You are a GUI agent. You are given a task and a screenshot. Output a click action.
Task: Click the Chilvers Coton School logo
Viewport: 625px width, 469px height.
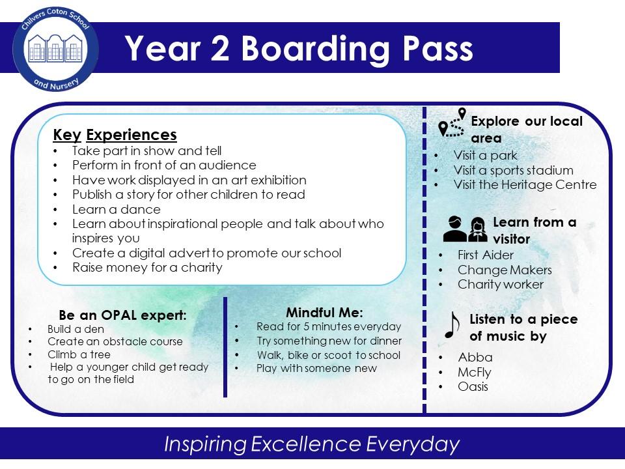point(56,50)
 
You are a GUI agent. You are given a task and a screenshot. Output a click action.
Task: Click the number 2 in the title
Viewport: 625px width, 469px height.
point(220,49)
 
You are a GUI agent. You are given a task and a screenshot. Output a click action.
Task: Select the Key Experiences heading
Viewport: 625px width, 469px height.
point(115,135)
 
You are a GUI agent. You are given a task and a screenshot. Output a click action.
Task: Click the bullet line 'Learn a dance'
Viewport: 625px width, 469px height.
point(117,209)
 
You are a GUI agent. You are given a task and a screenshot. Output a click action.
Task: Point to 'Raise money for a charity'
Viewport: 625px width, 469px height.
point(148,268)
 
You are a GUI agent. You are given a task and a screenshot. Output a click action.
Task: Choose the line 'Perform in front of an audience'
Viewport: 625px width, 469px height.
point(164,165)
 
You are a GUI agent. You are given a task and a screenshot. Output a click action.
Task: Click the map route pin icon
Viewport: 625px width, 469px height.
point(452,123)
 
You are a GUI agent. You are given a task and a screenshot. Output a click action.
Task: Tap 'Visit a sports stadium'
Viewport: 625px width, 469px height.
point(514,170)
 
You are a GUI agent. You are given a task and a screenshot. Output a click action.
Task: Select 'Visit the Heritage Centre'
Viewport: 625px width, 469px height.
point(525,185)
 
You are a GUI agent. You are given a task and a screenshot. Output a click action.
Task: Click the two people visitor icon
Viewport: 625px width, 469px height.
point(465,229)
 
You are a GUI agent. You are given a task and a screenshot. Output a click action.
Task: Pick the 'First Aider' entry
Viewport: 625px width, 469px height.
point(486,255)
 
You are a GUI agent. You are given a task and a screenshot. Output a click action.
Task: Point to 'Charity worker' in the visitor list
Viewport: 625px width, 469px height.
point(501,285)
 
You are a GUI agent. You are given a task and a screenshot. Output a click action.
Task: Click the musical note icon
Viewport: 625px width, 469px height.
point(452,325)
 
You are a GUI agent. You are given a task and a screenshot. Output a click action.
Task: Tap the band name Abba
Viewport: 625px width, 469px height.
point(475,357)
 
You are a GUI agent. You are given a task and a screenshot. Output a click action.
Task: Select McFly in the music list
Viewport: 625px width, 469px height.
point(475,372)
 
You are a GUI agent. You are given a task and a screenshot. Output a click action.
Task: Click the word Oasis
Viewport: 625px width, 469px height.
point(473,386)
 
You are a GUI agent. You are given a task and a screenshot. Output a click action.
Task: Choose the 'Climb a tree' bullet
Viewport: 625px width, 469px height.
point(79,354)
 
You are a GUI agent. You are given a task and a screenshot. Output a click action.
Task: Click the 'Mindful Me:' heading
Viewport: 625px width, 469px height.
point(324,312)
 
